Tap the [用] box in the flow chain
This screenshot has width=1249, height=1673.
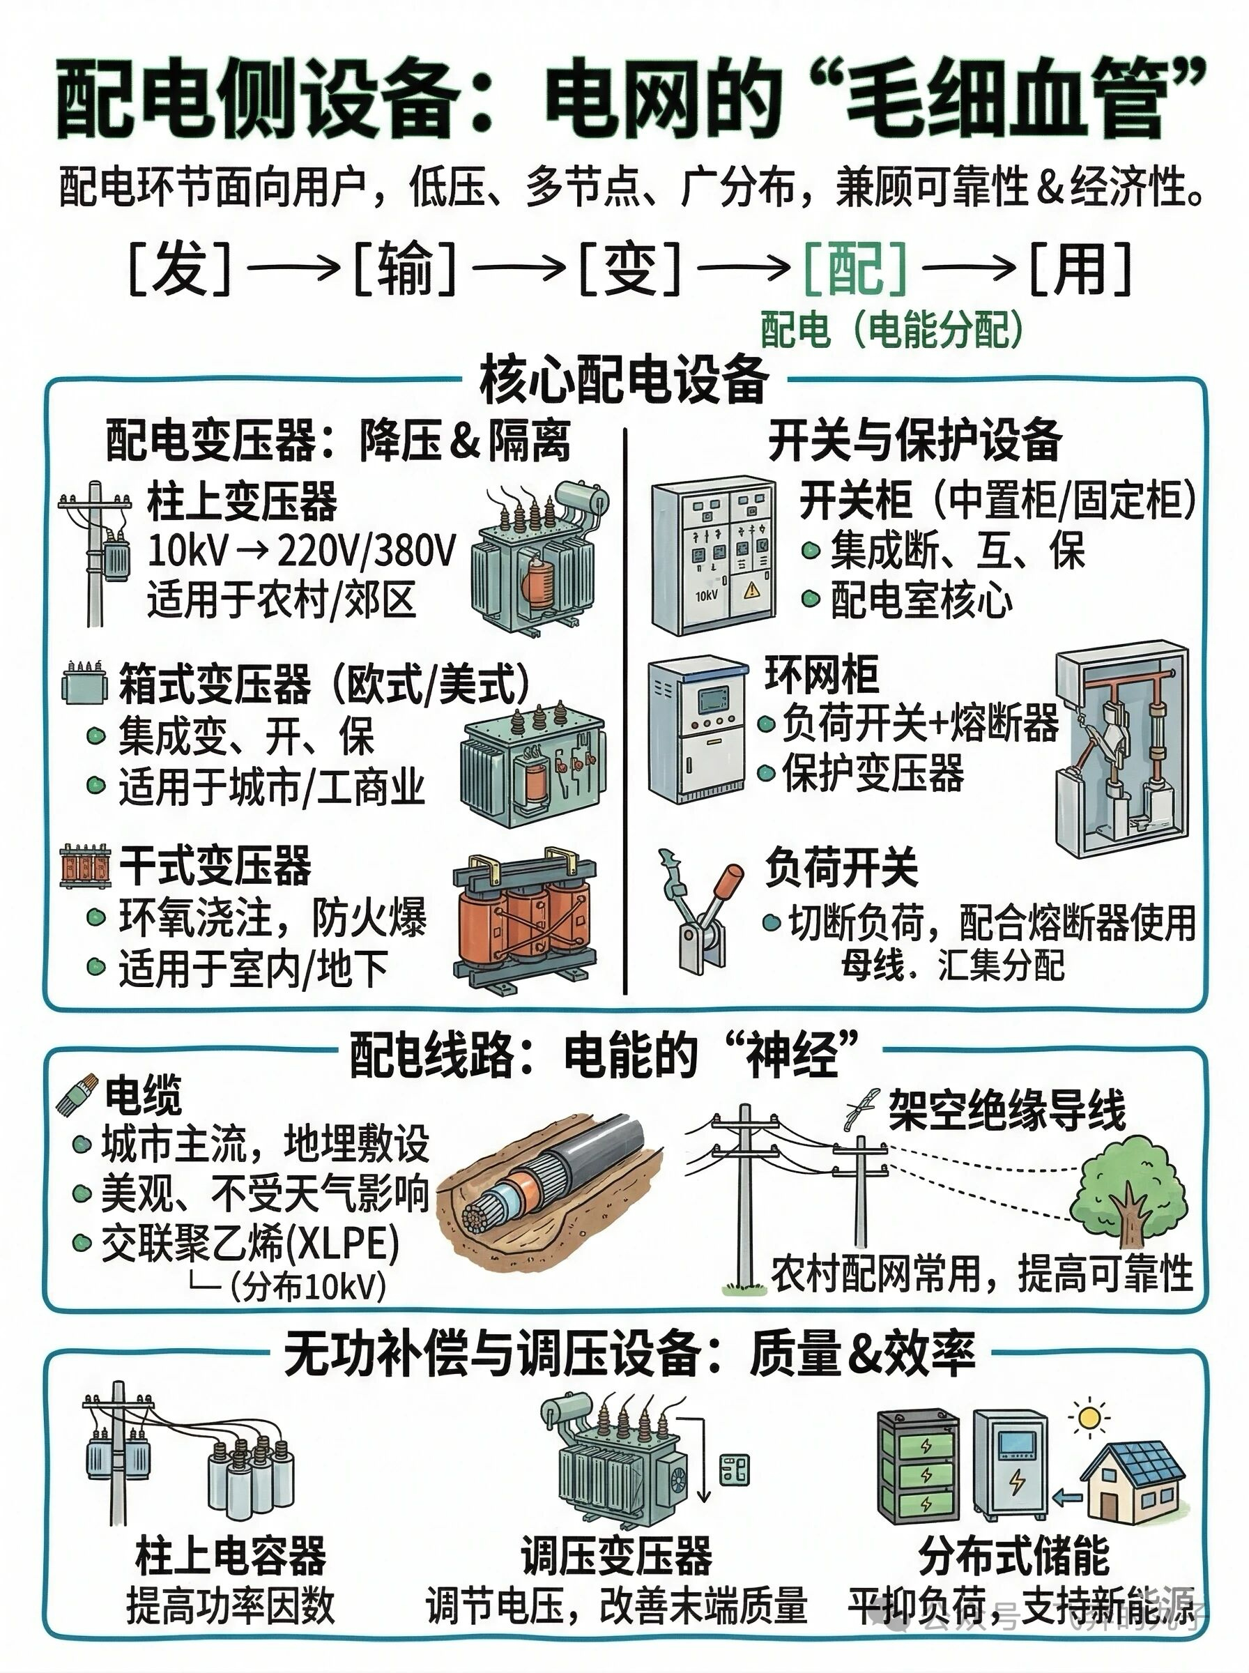click(1080, 268)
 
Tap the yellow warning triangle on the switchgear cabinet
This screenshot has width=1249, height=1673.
click(751, 590)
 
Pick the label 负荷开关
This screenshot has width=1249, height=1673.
click(841, 867)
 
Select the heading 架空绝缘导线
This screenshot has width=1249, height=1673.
click(1007, 1110)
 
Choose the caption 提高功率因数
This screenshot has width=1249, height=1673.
click(231, 1605)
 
